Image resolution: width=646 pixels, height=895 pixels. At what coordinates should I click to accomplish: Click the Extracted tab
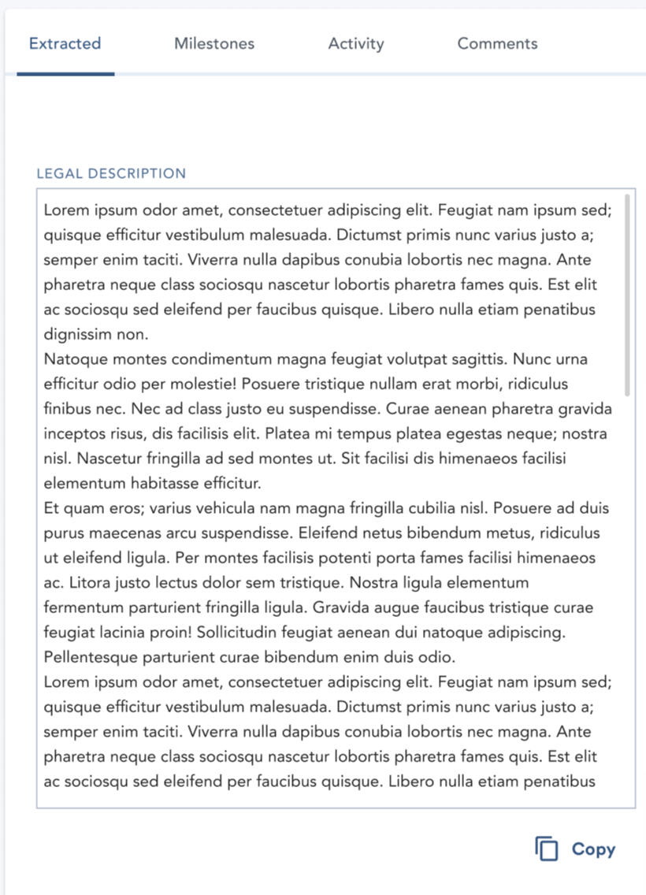65,44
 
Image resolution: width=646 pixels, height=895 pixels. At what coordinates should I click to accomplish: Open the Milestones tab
214,44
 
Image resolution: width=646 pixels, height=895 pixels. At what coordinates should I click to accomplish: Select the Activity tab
356,44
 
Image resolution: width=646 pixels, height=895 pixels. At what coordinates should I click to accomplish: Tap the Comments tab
497,44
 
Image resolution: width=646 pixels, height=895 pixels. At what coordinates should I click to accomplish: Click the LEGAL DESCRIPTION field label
111,174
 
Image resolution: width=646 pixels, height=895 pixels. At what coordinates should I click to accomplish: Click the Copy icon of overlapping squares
547,849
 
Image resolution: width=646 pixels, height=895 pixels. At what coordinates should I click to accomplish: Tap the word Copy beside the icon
593,849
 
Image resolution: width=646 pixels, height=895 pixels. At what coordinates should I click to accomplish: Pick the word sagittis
477,359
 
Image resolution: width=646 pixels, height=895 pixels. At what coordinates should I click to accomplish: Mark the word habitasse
168,484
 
